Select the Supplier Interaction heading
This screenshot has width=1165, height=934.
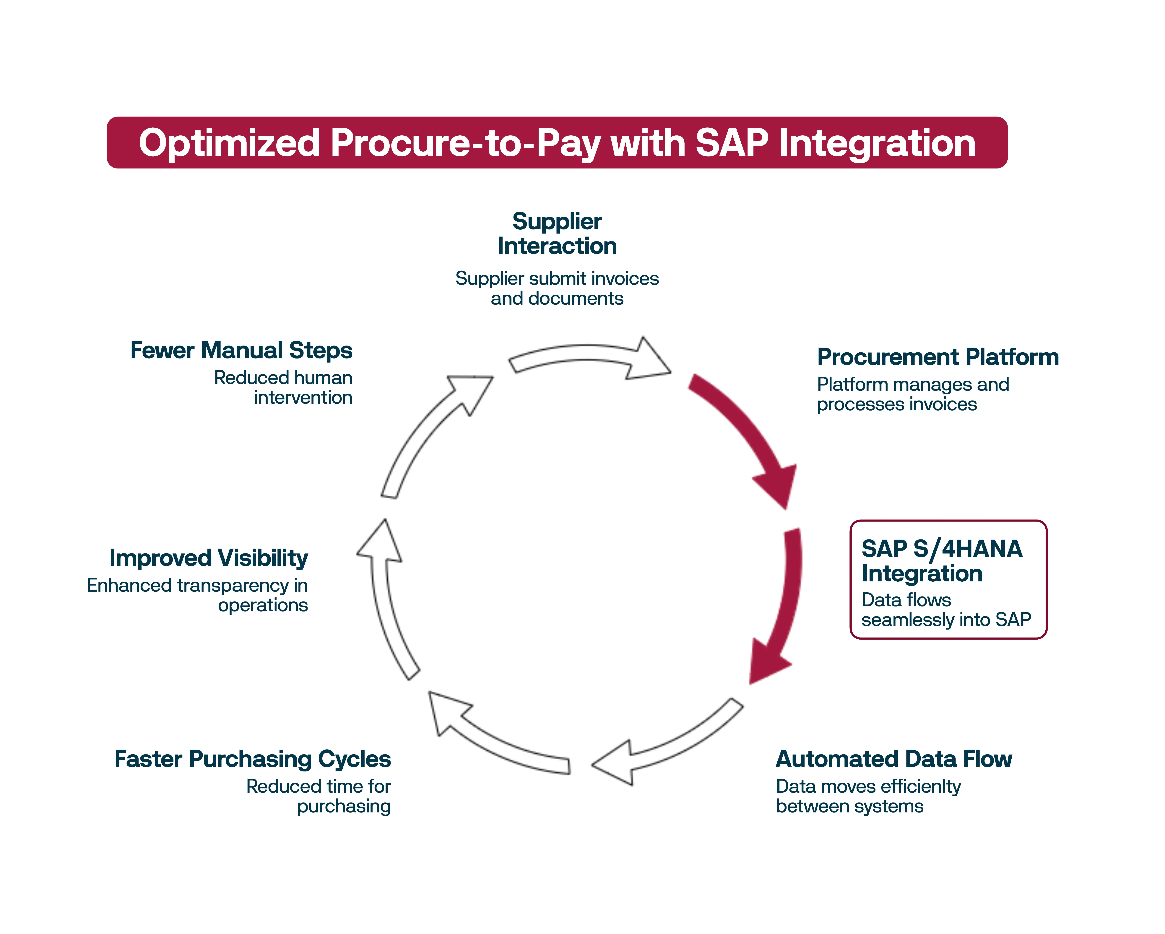tap(557, 233)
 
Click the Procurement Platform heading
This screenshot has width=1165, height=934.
tap(937, 357)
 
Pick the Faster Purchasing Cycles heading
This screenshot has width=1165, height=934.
tap(252, 759)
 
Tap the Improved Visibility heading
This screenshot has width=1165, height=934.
tap(209, 558)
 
